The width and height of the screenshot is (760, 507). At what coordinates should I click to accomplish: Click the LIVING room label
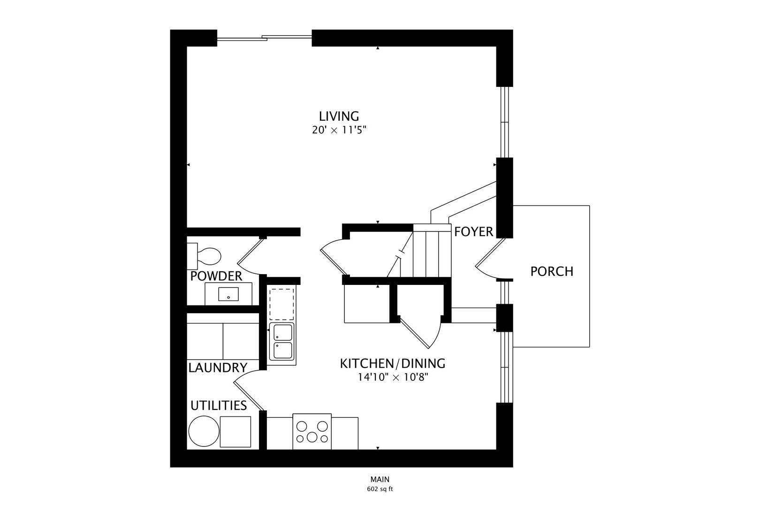[339, 116]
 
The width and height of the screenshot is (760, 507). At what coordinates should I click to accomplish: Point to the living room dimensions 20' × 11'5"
[339, 130]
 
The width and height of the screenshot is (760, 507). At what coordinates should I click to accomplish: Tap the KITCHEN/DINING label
[393, 364]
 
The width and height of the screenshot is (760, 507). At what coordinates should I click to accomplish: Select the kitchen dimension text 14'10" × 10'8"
[393, 377]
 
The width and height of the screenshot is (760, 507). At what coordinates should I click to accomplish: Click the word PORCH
[552, 271]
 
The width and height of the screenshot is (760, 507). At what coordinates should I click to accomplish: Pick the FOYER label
[474, 231]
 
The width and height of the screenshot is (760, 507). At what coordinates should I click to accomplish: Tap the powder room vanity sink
[228, 294]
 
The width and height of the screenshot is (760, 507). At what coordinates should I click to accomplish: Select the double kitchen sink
[281, 342]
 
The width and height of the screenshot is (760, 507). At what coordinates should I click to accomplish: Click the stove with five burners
[312, 431]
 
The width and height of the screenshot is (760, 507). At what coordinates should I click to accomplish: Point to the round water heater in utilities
[204, 431]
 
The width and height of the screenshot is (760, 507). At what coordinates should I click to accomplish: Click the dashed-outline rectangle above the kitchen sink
[281, 304]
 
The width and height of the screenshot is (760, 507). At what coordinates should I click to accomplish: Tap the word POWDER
[216, 277]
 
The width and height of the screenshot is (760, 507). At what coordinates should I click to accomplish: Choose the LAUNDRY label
[218, 368]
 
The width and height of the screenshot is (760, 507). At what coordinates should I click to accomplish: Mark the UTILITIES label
[219, 406]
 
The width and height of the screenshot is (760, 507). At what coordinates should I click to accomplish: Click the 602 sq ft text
[380, 489]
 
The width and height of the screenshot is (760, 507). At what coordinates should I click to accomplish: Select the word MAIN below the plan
[380, 479]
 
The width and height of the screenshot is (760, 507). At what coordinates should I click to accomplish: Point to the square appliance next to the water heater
[236, 431]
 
